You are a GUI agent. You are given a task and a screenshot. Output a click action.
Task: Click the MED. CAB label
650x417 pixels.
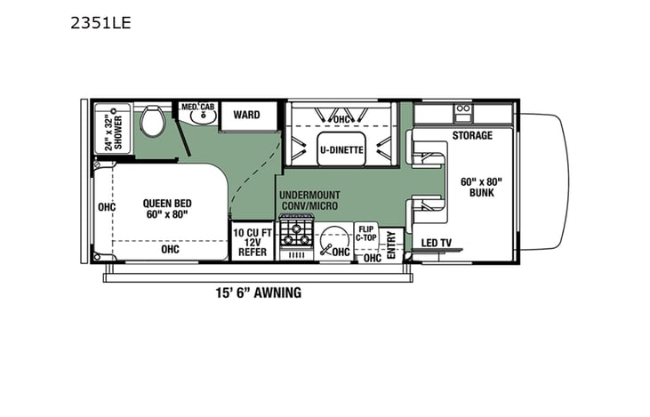point(197,107)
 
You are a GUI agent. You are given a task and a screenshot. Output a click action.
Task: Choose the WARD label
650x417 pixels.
point(246,115)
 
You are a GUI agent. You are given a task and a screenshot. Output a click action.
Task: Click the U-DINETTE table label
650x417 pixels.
point(341,150)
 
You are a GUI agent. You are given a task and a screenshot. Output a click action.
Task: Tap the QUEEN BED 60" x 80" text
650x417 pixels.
point(166,209)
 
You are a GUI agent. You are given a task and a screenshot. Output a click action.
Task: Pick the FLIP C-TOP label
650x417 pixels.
point(366,233)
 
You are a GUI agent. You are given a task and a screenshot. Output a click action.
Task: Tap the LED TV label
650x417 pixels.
point(436,244)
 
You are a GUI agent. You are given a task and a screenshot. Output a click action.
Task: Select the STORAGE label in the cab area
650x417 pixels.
point(471,136)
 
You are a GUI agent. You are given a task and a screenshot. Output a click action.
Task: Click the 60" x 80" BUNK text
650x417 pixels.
point(481,188)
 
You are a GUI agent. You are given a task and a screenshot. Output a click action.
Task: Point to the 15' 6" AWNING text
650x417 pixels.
point(258,293)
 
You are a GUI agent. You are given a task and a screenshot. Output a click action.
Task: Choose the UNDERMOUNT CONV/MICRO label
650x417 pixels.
point(309,201)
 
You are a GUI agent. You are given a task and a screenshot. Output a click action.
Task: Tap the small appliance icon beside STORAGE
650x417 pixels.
point(462,112)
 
